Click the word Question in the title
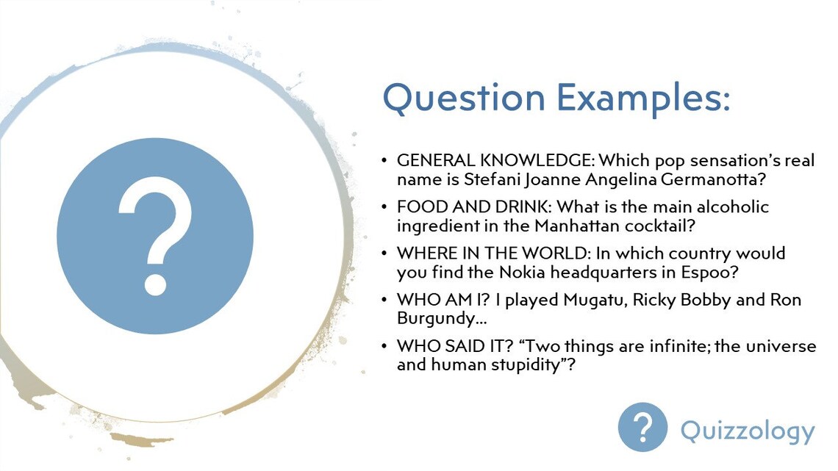pos(464,98)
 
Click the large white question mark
pos(155,236)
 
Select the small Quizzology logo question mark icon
pos(642,427)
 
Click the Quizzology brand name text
pos(747,431)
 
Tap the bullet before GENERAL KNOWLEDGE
pos(384,160)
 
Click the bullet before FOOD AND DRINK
pos(384,207)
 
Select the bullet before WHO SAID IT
pos(384,346)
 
